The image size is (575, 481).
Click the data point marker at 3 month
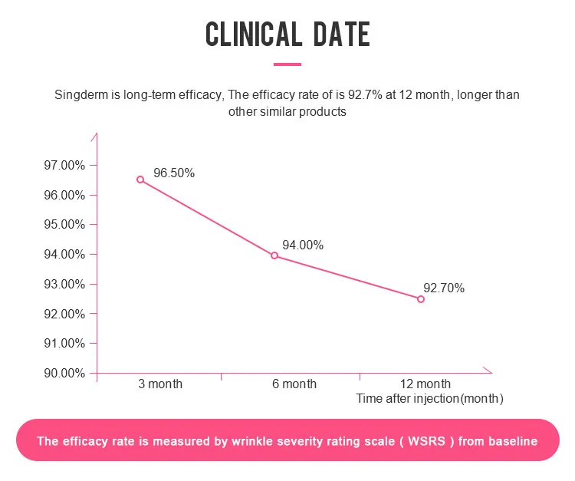point(140,180)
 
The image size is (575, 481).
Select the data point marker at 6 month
point(274,255)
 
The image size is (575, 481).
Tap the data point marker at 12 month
point(421,299)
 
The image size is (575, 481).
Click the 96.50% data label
point(174,173)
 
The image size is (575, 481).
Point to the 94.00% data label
point(303,245)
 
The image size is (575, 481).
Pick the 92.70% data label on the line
point(444,288)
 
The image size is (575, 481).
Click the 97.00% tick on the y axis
point(64,165)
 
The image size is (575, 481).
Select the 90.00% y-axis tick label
point(64,374)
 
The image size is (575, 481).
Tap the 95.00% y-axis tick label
point(64,225)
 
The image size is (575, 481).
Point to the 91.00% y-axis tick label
point(64,344)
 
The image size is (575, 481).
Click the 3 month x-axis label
point(160,384)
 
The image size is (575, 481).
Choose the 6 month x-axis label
point(294,384)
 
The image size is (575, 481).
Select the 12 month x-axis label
point(426,384)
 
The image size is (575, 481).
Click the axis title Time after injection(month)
point(429,399)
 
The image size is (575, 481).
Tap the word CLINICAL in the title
point(253,35)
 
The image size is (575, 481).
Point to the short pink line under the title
point(287,64)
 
